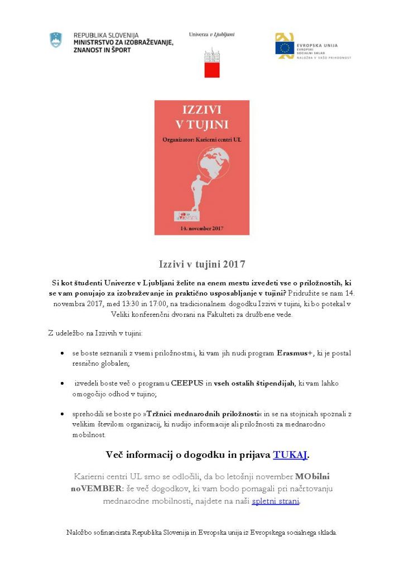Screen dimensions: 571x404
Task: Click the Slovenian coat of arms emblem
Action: click(56, 40)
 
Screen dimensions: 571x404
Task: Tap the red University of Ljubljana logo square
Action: click(211, 70)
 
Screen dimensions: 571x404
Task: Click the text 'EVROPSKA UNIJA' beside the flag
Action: click(318, 45)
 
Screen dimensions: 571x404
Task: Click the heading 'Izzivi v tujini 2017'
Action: click(201, 264)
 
